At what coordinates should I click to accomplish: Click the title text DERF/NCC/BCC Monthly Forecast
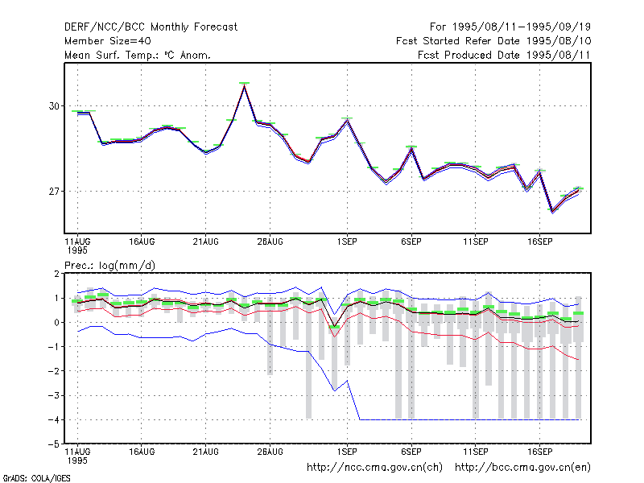[x=151, y=27]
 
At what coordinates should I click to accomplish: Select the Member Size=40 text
[x=108, y=41]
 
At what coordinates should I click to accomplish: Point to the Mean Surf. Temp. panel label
[x=138, y=55]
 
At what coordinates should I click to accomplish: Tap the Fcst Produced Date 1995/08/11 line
[x=504, y=55]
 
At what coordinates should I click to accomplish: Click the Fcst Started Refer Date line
[x=493, y=41]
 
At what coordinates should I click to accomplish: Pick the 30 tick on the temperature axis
[x=54, y=106]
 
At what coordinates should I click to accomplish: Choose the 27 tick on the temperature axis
[x=54, y=192]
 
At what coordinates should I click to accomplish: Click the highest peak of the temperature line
[x=245, y=85]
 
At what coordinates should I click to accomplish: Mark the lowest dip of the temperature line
[x=552, y=212]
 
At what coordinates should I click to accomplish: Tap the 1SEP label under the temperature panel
[x=347, y=242]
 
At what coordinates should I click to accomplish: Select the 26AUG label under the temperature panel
[x=270, y=242]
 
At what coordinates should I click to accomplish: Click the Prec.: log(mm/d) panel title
[x=109, y=266]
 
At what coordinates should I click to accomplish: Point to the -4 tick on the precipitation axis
[x=54, y=419]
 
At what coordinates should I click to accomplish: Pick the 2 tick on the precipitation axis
[x=56, y=274]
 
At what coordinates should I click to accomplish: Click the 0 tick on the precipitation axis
[x=56, y=323]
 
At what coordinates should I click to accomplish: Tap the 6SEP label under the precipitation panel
[x=411, y=452]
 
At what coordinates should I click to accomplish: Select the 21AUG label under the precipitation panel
[x=206, y=452]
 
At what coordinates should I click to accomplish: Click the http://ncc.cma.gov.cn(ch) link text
[x=374, y=468]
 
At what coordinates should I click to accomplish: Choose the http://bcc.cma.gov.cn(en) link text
[x=522, y=468]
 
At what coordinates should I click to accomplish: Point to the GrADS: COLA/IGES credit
[x=36, y=478]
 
